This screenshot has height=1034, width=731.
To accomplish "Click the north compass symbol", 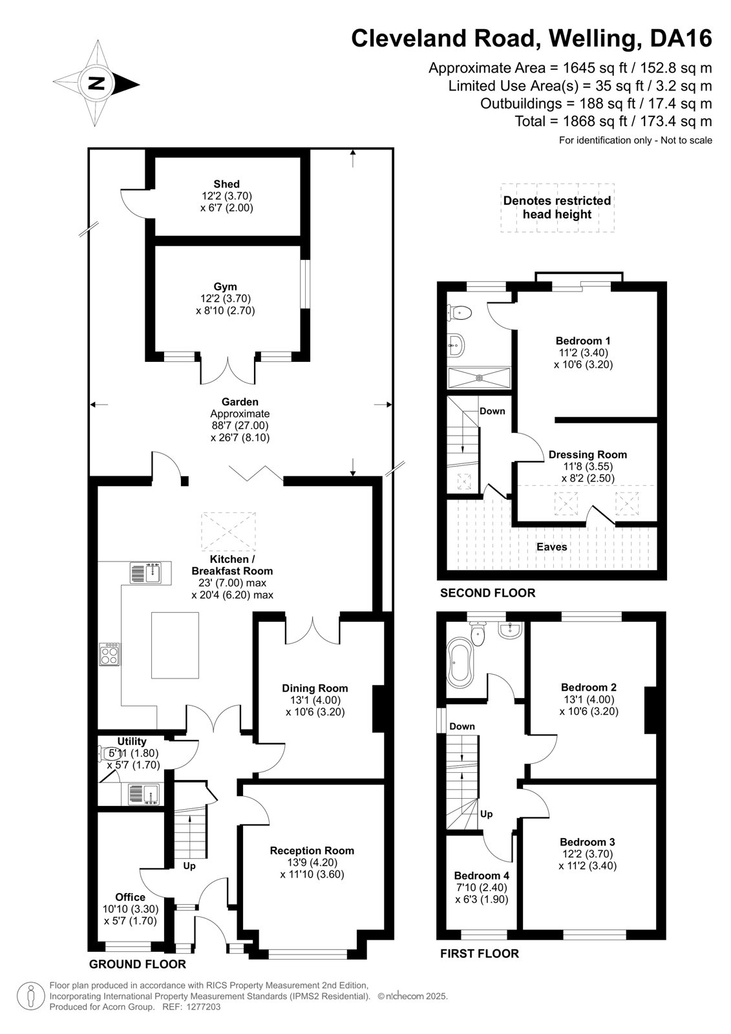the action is [96, 83].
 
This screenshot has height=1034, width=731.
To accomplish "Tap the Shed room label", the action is [226, 184].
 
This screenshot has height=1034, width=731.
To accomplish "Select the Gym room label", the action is [225, 287].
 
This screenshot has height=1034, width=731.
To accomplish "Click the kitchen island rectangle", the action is [175, 645].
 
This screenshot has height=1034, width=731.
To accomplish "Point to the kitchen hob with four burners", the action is [109, 654].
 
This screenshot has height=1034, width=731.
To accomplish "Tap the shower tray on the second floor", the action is [480, 378].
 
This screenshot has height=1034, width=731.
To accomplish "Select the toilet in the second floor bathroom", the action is [458, 313].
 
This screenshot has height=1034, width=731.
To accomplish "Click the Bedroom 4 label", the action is [482, 876].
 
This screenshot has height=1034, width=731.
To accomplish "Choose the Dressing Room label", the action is [588, 454].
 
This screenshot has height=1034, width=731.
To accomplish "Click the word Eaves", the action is [551, 547].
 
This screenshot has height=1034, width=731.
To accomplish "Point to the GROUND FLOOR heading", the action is [137, 964].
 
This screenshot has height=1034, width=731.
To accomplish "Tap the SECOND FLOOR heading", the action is [487, 593].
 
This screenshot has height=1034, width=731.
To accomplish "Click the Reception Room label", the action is [312, 850].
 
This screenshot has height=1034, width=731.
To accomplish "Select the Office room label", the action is [130, 897].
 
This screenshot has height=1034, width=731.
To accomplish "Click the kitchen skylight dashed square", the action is [229, 531].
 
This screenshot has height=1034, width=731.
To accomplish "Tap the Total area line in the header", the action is [613, 121].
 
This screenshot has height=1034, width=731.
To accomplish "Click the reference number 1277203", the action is [203, 1007].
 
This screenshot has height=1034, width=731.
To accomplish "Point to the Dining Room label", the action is [315, 688].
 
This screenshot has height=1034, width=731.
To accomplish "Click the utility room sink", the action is [143, 794].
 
